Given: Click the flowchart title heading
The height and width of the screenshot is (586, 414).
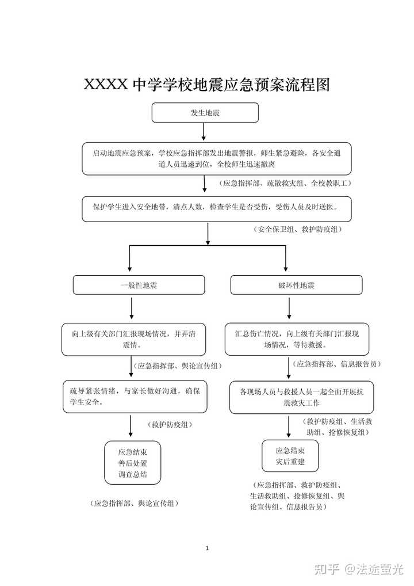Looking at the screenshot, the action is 207,85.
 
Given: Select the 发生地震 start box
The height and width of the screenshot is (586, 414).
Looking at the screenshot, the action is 205,112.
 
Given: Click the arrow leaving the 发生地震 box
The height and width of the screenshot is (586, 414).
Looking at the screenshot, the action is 204,132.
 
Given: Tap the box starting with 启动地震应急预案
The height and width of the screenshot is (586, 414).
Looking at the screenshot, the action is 217,158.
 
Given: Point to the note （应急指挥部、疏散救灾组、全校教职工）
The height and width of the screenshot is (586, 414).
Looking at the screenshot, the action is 285,183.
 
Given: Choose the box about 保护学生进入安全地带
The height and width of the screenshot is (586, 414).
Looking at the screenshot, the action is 217,209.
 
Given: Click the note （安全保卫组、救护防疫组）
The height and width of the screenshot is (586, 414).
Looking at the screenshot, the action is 297,230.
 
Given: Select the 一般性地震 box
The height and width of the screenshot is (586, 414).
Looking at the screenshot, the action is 139,285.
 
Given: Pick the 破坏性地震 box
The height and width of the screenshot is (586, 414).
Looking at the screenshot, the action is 296,285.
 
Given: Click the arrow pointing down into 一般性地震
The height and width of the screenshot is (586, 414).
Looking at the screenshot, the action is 129,258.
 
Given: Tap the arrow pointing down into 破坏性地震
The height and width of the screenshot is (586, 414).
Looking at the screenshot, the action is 286,258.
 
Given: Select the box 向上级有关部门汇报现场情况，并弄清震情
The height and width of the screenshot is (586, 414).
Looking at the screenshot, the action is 133,340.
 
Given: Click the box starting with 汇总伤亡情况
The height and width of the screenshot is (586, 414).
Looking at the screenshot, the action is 297,340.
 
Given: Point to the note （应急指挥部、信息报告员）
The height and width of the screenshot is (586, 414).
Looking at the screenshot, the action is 336,364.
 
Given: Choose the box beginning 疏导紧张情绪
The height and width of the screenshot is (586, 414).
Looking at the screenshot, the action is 135,397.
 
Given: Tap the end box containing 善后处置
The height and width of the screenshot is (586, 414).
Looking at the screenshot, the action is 132,463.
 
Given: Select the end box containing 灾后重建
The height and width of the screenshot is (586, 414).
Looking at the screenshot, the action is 290,456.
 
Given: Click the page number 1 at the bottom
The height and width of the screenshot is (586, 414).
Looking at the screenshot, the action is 207,548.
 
